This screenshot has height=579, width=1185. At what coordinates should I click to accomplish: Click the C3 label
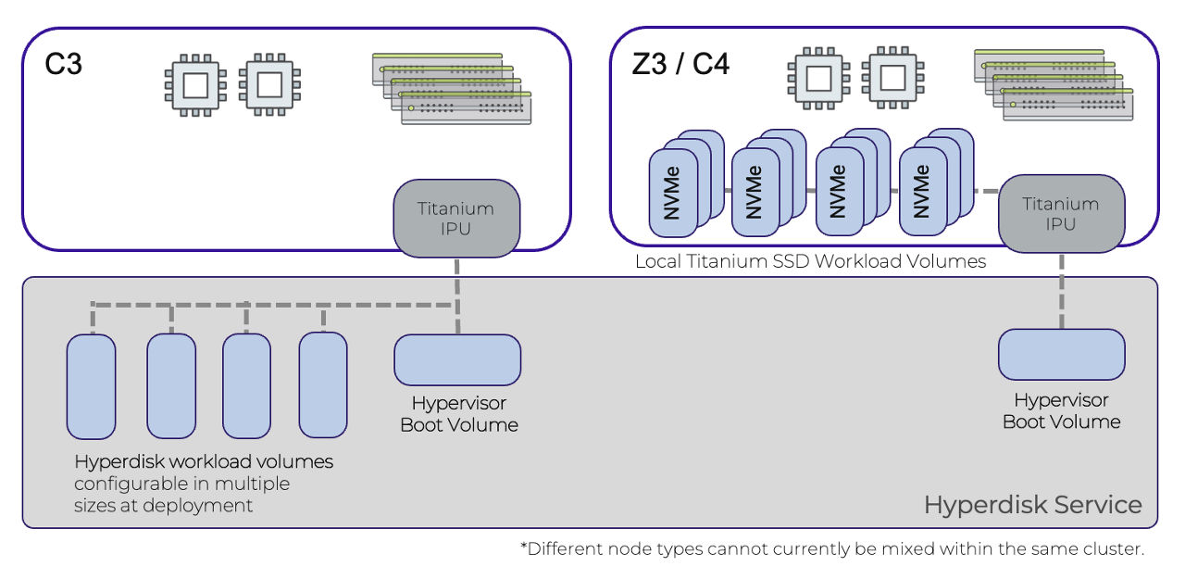pyautogui.click(x=64, y=65)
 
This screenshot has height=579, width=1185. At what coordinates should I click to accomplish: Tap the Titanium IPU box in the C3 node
pyautogui.click(x=455, y=219)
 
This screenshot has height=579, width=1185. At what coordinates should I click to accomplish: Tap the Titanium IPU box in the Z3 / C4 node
pyautogui.click(x=1061, y=214)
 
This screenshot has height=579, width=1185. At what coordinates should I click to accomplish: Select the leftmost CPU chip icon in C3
pyautogui.click(x=194, y=86)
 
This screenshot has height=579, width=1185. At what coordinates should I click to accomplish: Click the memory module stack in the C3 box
pyautogui.click(x=452, y=89)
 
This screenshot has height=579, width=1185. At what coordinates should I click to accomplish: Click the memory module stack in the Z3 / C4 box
pyautogui.click(x=1054, y=84)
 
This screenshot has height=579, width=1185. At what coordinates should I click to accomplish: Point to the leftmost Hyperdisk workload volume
pyautogui.click(x=91, y=386)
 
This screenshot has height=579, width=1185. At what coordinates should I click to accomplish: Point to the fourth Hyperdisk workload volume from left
pyautogui.click(x=323, y=384)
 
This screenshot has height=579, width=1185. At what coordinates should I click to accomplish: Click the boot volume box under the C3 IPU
pyautogui.click(x=456, y=360)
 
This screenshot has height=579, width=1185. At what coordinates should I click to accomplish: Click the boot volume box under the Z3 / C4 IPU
pyautogui.click(x=1061, y=355)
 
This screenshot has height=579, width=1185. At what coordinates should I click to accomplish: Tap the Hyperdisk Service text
pyautogui.click(x=1032, y=505)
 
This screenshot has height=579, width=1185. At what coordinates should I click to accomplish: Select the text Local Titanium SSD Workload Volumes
pyautogui.click(x=810, y=262)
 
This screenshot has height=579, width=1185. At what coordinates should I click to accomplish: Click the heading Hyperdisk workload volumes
pyautogui.click(x=204, y=461)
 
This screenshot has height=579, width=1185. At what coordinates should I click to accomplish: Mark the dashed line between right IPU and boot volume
pyautogui.click(x=1061, y=292)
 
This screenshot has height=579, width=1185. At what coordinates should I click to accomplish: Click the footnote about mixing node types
pyautogui.click(x=832, y=548)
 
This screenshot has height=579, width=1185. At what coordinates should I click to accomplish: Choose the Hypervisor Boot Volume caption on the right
pyautogui.click(x=1061, y=411)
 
